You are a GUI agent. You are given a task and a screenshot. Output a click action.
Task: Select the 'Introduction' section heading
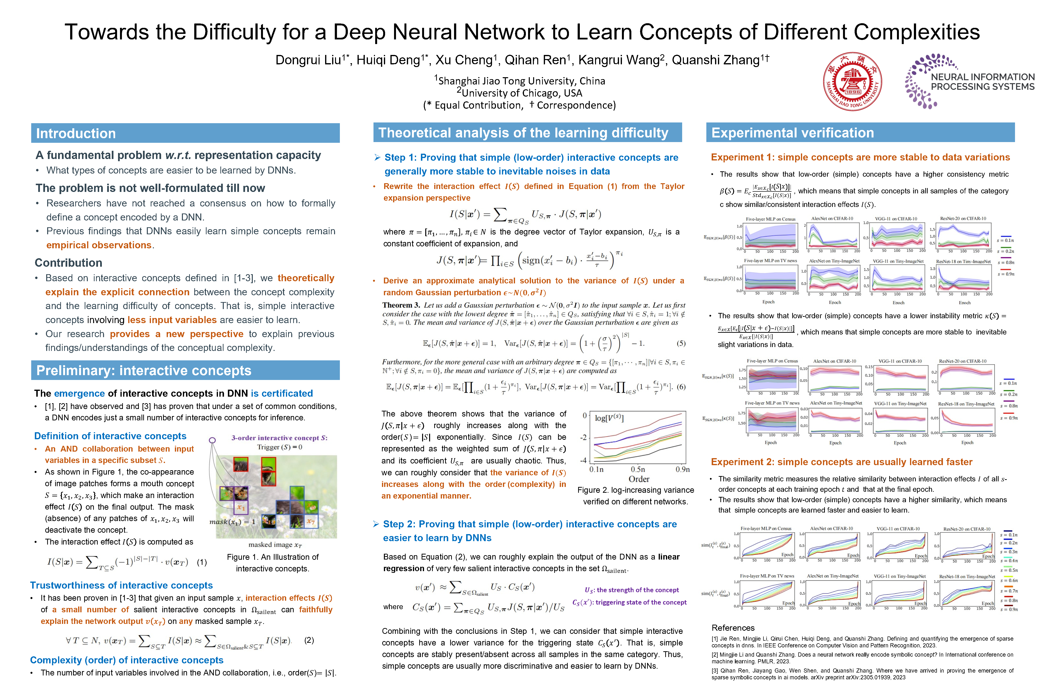(x=76, y=133)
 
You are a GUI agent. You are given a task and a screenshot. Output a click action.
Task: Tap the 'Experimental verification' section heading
(x=793, y=133)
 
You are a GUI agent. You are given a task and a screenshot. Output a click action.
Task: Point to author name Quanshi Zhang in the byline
(x=716, y=60)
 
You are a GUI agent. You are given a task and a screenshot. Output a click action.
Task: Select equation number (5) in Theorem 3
(x=681, y=343)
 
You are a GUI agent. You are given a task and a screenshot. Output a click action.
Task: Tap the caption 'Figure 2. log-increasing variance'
(x=635, y=490)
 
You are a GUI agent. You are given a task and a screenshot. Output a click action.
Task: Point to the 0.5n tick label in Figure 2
(x=638, y=470)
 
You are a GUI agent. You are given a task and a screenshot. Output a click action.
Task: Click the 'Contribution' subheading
(x=68, y=263)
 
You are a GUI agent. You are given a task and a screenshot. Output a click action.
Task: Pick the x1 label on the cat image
(x=241, y=507)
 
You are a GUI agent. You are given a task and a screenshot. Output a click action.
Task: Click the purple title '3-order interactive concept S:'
(x=279, y=438)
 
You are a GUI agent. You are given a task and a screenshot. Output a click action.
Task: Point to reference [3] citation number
(x=714, y=671)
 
